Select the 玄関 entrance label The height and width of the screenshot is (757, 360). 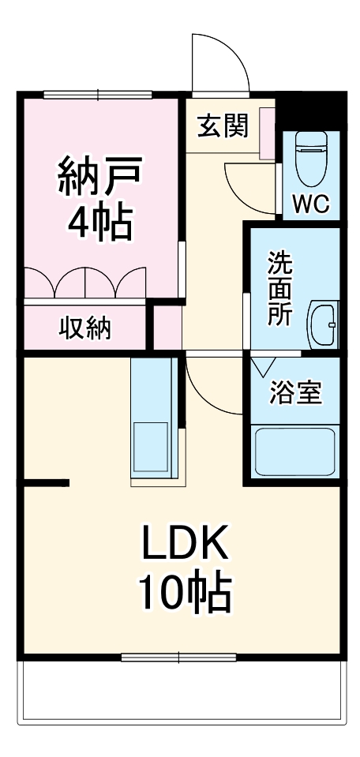tap(223, 126)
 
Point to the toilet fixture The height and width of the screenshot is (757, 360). tap(311, 158)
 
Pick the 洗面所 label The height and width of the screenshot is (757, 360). tap(280, 289)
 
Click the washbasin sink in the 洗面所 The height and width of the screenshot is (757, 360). tap(323, 324)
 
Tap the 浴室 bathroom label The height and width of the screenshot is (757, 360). tap(295, 392)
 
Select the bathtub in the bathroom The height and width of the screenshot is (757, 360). tap(294, 452)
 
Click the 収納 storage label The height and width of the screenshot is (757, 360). tap(85, 328)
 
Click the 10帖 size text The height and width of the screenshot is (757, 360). tap(185, 591)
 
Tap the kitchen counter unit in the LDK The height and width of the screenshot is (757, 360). tap(154, 418)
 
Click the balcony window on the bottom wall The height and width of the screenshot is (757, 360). tap(178, 657)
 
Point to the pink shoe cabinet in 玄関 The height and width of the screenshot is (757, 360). tap(267, 133)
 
